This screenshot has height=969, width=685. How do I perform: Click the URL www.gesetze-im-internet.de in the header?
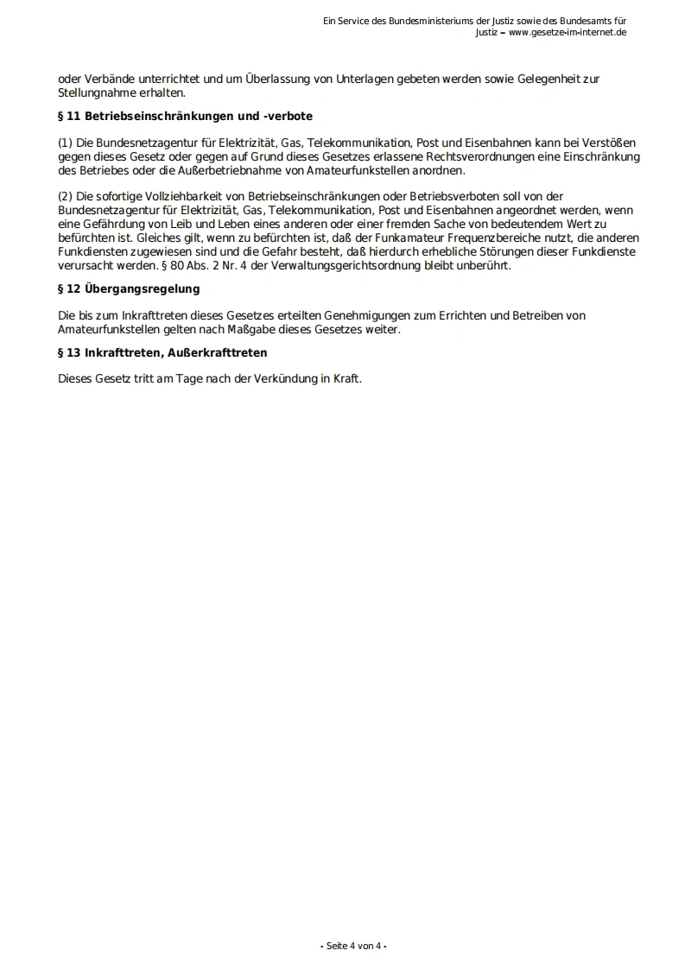coord(568,33)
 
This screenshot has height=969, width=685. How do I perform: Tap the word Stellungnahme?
coord(97,92)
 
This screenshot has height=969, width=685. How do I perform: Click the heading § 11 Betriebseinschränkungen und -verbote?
coord(185,116)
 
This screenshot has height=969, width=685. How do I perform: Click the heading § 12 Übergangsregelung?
coord(129,288)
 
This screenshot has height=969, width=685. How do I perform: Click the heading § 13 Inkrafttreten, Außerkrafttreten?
coord(162,353)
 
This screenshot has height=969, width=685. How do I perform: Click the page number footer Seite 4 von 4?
coord(354,946)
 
